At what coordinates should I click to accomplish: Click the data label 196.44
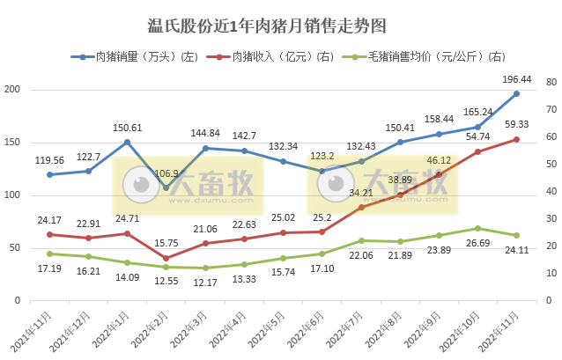point(517,78)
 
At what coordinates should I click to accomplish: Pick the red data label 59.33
point(517,124)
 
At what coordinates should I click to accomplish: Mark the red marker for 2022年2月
point(166,258)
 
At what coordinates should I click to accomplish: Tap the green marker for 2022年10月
point(477,228)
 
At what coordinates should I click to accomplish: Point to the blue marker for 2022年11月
point(516,93)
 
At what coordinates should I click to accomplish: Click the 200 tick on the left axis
point(13,90)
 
